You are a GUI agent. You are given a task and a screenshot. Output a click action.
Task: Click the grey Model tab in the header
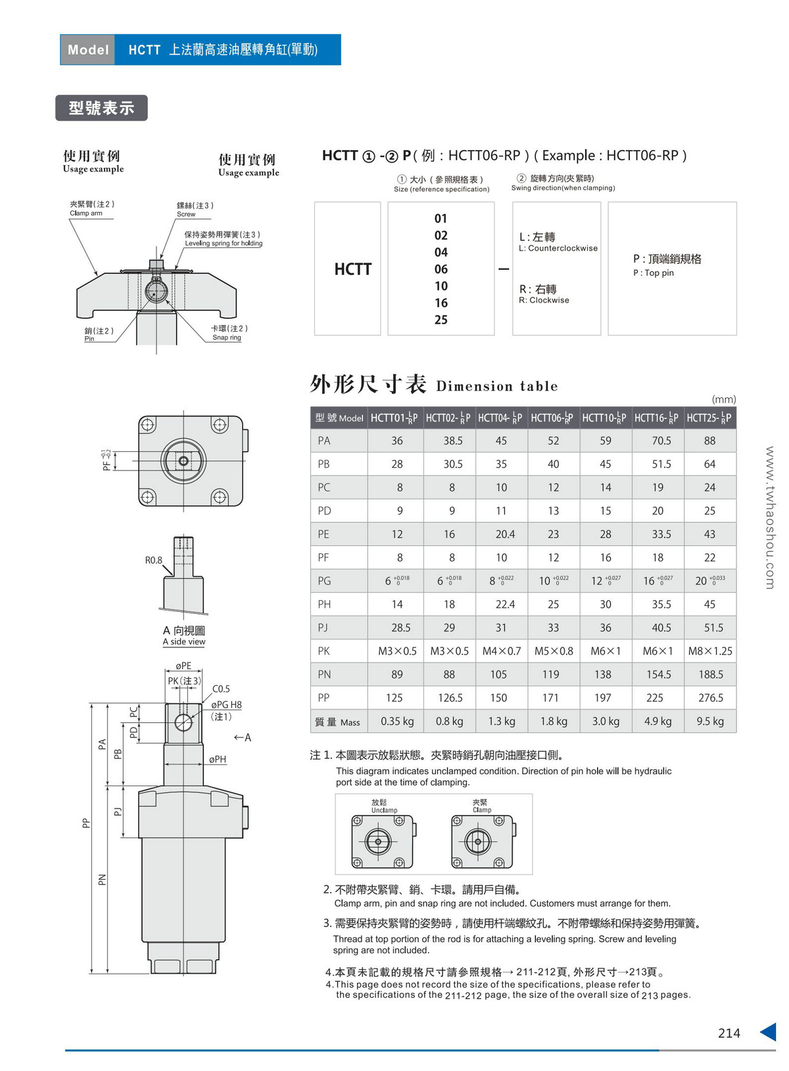point(87,49)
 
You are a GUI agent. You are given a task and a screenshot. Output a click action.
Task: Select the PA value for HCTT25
point(709,440)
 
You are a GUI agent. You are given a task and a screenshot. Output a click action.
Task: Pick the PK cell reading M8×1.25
point(710,651)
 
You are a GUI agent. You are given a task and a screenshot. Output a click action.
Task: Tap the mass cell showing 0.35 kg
point(397,721)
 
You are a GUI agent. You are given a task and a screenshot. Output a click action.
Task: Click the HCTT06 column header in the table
point(552,417)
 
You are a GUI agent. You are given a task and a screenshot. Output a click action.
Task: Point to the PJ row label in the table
point(323,628)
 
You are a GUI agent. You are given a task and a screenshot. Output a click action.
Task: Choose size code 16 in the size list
point(441,303)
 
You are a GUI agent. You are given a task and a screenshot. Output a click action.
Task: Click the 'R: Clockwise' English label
point(544,300)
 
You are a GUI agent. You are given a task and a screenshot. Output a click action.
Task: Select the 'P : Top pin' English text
point(654,272)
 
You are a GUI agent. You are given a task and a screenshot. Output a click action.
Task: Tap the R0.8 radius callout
point(153,560)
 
